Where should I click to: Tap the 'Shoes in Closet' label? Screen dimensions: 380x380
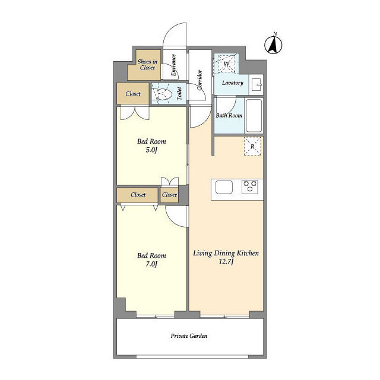click(x=148, y=65)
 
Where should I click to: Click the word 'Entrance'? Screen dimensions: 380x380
click(x=173, y=65)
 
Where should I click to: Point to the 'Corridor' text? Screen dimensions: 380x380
click(x=199, y=80)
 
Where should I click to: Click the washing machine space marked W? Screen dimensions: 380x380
click(x=226, y=64)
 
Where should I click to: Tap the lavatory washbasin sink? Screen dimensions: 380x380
click(x=256, y=84)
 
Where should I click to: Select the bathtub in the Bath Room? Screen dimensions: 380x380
click(x=254, y=115)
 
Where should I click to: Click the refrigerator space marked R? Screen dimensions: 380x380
click(x=252, y=146)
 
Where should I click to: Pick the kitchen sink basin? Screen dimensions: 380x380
click(x=224, y=188)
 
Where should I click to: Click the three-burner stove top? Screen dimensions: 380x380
click(x=250, y=186)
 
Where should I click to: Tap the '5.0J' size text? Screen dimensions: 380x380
click(x=151, y=150)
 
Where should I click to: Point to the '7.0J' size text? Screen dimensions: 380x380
click(x=151, y=264)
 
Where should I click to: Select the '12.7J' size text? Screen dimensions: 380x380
click(x=226, y=262)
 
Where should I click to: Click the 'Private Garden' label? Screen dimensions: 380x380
click(x=189, y=336)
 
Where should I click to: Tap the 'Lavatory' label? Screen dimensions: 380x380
click(x=233, y=83)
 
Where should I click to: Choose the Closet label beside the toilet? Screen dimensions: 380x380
click(x=133, y=94)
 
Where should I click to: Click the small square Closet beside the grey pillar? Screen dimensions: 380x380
click(x=169, y=195)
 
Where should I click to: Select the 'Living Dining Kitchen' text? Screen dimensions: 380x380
click(x=226, y=254)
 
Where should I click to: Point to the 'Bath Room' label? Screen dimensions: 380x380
click(x=229, y=115)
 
